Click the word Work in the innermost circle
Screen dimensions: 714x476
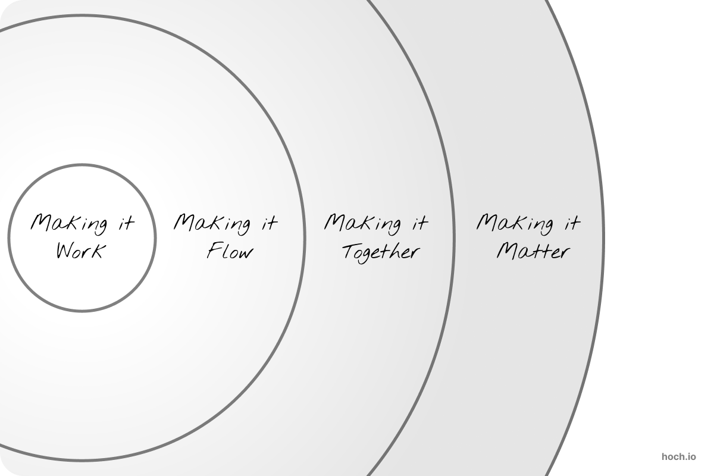click(x=81, y=251)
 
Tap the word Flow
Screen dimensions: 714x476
click(x=230, y=250)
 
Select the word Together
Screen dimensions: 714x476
click(x=381, y=253)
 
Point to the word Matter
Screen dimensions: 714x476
click(x=533, y=252)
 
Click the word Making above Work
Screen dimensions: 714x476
click(x=69, y=224)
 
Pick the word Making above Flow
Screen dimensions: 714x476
click(x=212, y=224)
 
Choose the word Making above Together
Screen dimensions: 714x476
click(x=363, y=224)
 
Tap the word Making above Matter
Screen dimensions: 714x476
click(x=515, y=224)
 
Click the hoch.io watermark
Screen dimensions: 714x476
click(x=679, y=457)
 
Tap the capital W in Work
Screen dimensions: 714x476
click(x=66, y=251)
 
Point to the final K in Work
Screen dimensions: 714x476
click(x=99, y=251)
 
